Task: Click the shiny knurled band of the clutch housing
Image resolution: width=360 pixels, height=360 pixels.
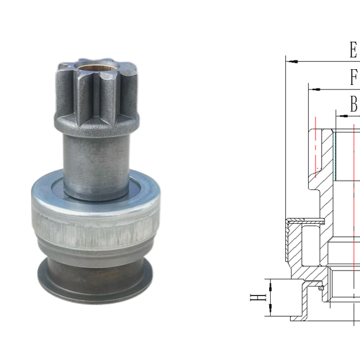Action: tap(95, 229)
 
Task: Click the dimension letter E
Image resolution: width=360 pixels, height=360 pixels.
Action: tap(353, 50)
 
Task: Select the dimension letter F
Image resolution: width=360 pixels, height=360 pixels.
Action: tap(354, 77)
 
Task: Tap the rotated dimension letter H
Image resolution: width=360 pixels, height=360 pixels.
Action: tap(253, 297)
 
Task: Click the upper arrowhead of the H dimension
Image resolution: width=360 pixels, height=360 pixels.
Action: tap(269, 284)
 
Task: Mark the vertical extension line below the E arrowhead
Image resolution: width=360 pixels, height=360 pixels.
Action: tap(287, 144)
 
